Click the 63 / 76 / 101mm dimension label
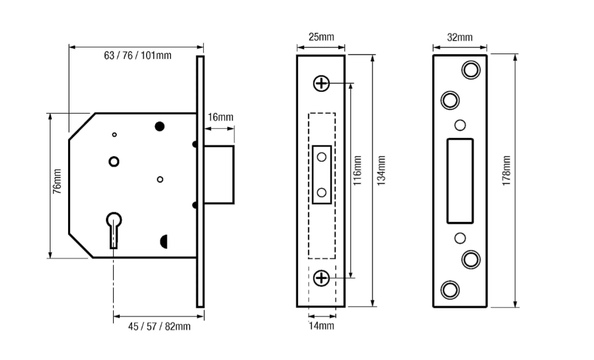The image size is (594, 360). tap(138, 56)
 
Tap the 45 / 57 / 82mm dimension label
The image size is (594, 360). tap(159, 327)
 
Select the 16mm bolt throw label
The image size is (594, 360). tap(220, 117)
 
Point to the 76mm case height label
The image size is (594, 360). tap(57, 181)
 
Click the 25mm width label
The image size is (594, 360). tap(321, 37)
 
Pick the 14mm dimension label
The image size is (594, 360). tap(321, 327)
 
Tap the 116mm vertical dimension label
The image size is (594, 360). tap(357, 170)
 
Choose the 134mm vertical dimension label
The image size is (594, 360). tap(382, 170)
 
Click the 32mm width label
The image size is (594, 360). tap(459, 37)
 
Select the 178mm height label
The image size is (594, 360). tap(506, 171)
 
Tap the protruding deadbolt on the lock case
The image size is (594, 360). tap(219, 175)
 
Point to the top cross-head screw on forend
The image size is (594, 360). tap(321, 83)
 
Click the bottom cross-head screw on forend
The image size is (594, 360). tap(321, 279)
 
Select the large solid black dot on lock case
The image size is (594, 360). tap(160, 126)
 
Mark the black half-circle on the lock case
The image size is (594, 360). tap(163, 241)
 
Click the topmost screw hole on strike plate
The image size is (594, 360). tap(470, 70)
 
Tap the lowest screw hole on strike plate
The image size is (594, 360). tap(450, 289)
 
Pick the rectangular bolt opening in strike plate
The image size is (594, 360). tap(459, 181)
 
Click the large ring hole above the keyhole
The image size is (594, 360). tap(113, 161)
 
